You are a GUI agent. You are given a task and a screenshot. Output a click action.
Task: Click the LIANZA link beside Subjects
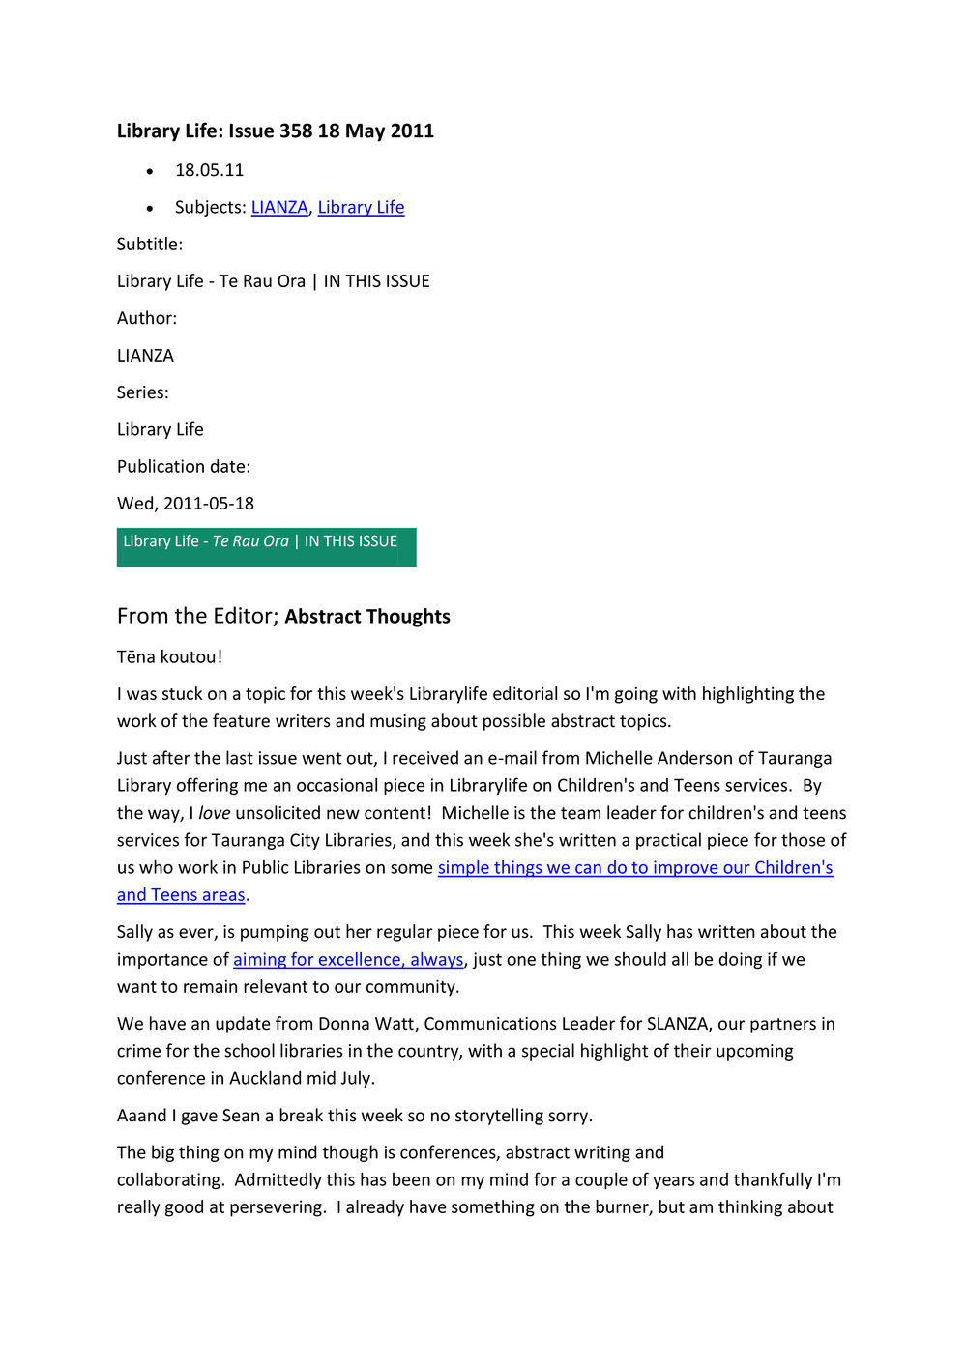(x=279, y=207)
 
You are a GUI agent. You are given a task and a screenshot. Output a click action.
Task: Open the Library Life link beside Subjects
(x=361, y=207)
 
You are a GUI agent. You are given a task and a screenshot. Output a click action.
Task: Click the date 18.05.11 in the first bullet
(x=209, y=170)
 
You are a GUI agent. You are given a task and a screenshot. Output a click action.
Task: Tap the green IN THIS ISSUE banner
(x=266, y=546)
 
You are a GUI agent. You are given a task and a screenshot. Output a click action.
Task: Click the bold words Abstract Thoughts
(x=367, y=617)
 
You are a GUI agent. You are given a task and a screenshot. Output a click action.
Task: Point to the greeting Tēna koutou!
(x=169, y=657)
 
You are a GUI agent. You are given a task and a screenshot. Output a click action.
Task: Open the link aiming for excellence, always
(x=348, y=959)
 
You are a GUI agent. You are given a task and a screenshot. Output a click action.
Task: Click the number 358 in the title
(x=296, y=131)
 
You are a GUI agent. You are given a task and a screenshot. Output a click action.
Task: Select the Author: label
(x=147, y=318)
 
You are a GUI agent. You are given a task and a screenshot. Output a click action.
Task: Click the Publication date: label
(x=184, y=466)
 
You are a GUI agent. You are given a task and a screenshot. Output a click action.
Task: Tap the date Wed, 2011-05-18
(x=186, y=503)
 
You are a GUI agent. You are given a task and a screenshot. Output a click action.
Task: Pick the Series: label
(x=143, y=392)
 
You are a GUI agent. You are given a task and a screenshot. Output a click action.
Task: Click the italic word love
(x=215, y=813)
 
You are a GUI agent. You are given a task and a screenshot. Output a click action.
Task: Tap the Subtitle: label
(x=150, y=245)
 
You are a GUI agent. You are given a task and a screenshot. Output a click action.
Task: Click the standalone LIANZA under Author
(x=145, y=356)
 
